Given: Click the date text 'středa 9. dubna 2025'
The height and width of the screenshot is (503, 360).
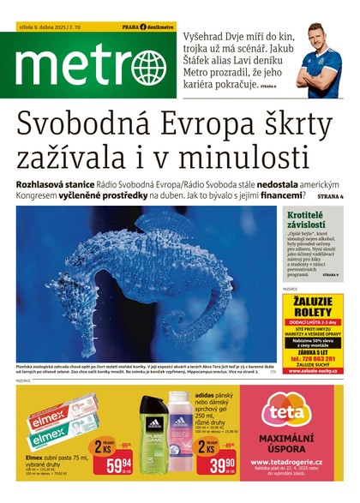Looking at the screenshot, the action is pos(44,27).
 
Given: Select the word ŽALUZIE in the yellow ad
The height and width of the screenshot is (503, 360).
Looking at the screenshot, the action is pos(312,302).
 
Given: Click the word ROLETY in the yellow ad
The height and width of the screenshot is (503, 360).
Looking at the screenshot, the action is pos(312,314).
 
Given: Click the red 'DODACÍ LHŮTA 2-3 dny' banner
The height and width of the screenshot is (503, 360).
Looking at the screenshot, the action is pos(312,326).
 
